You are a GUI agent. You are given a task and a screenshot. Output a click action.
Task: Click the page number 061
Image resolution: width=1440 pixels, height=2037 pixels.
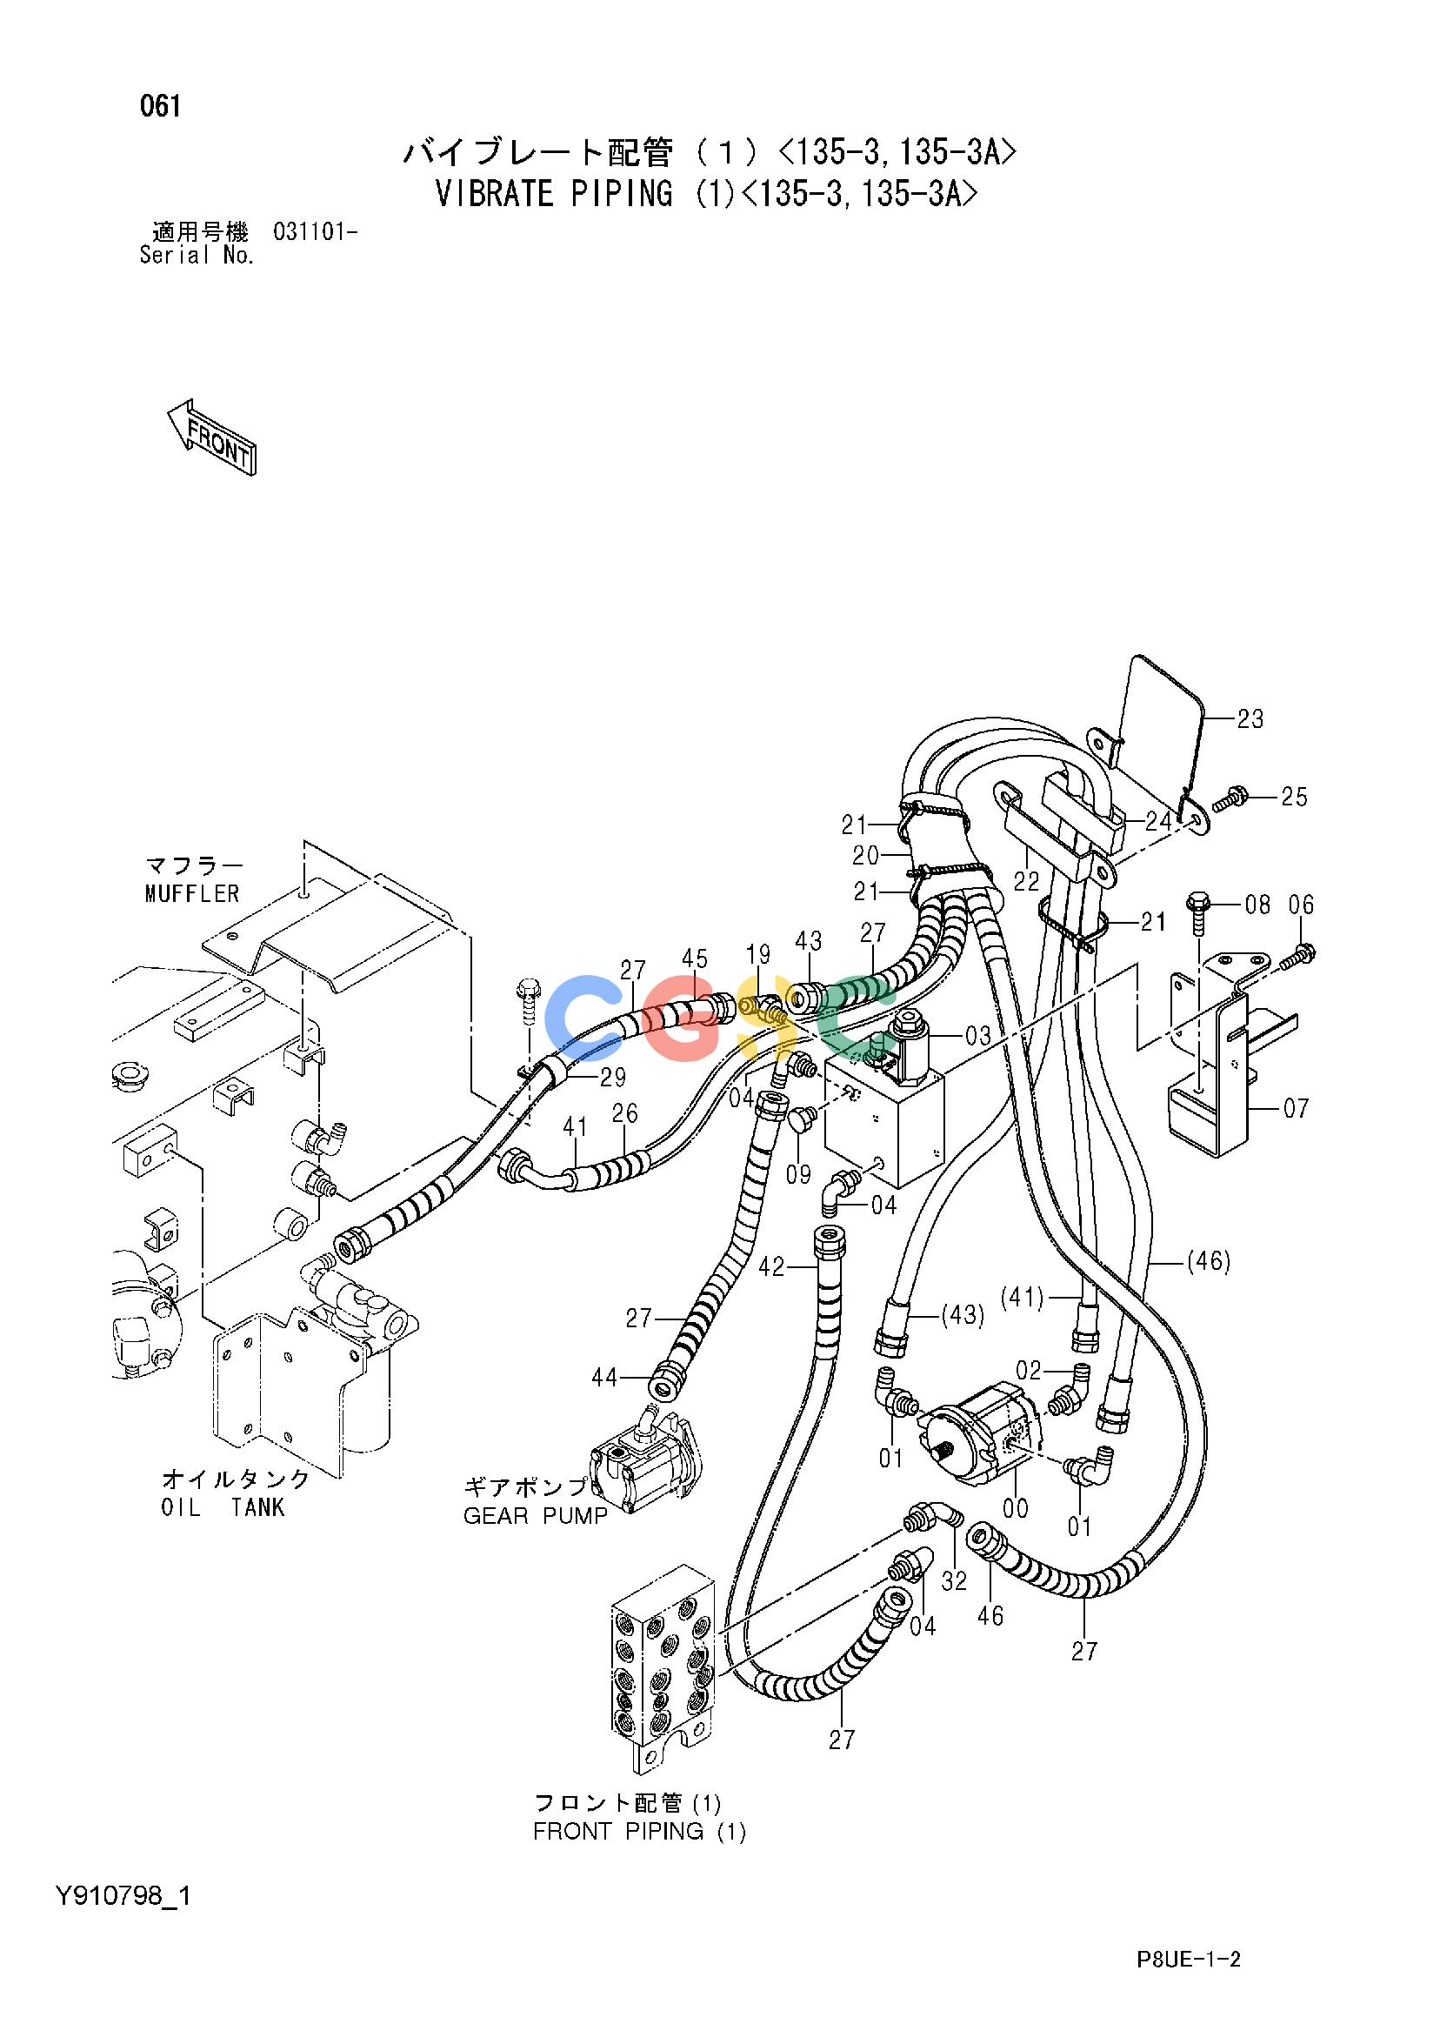(161, 107)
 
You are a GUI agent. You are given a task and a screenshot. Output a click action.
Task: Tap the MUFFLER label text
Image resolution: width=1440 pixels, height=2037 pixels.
(192, 893)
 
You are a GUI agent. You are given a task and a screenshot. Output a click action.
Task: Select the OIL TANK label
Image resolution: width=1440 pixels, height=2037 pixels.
(223, 1507)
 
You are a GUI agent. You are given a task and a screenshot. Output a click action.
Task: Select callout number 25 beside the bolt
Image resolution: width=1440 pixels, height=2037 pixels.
(1294, 797)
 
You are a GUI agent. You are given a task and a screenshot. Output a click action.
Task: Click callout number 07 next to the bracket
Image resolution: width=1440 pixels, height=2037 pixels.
(1296, 1108)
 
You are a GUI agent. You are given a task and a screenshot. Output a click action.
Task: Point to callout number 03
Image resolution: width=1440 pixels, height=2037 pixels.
(978, 1033)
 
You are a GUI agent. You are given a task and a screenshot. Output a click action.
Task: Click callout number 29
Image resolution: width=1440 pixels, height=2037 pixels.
(612, 1077)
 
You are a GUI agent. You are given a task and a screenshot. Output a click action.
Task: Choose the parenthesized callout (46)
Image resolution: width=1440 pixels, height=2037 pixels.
(1209, 1260)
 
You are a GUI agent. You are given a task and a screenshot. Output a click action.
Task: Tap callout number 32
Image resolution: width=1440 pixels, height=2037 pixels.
(955, 1581)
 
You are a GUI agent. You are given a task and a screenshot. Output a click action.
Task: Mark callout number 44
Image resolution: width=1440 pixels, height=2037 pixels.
(605, 1377)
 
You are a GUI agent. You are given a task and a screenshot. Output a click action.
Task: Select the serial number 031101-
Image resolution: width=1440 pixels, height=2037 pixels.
(316, 233)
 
